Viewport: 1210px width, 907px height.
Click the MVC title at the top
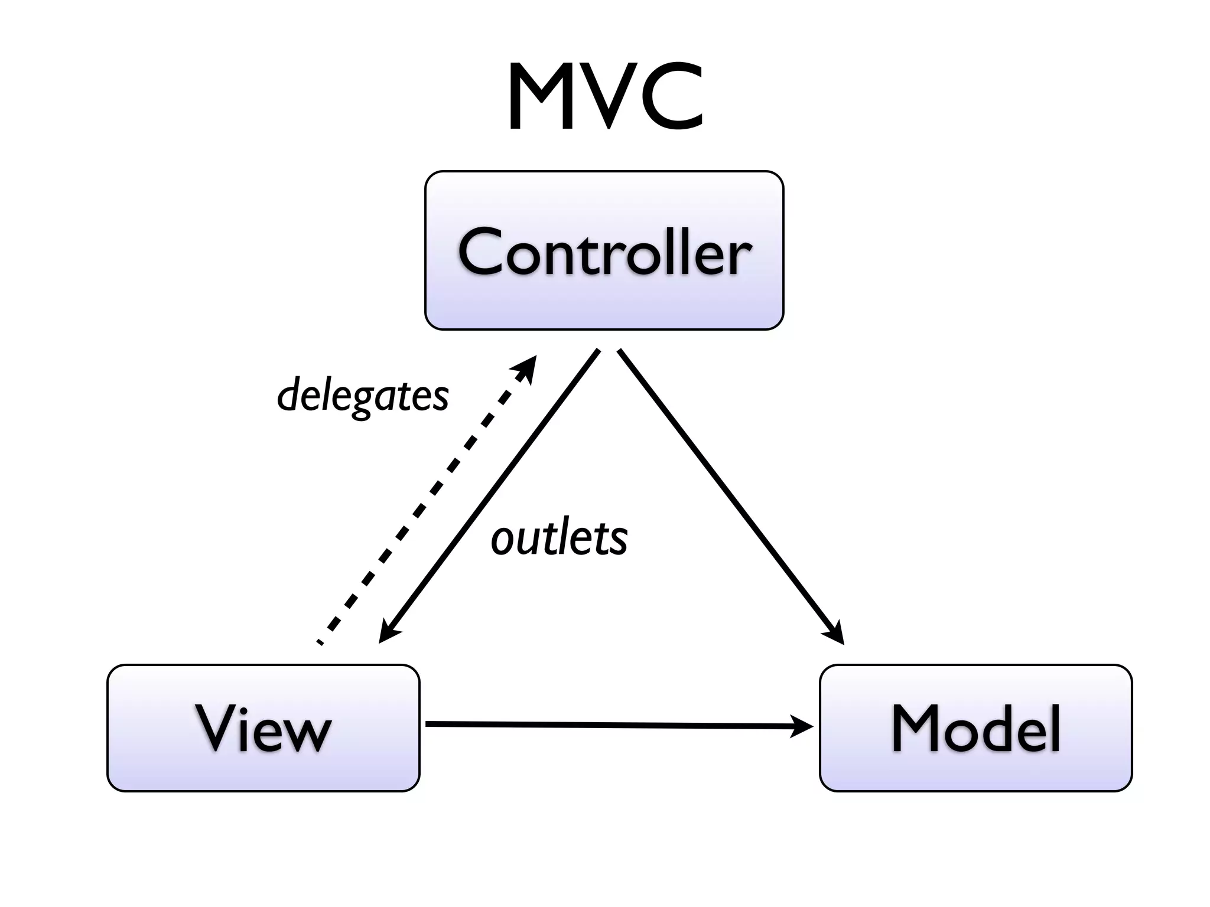tap(605, 97)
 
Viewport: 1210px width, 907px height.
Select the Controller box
tap(604, 250)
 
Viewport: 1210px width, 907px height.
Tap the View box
tap(264, 727)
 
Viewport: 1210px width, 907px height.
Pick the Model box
tap(975, 727)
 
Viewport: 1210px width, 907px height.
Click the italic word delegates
tap(363, 396)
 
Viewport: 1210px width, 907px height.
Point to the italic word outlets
tap(559, 539)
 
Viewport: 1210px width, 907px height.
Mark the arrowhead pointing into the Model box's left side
tap(802, 726)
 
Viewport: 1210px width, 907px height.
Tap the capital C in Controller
tap(483, 252)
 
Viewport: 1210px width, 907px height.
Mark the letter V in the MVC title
tap(609, 97)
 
